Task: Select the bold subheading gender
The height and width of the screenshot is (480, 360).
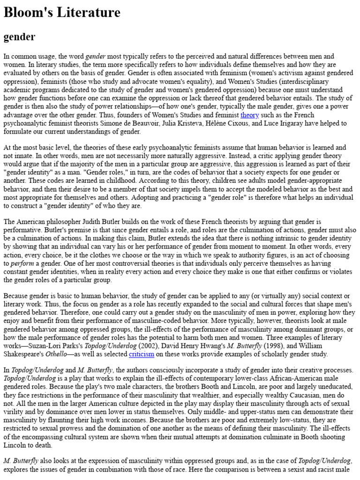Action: coord(20,36)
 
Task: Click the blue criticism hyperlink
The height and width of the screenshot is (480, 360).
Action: coord(142,354)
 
